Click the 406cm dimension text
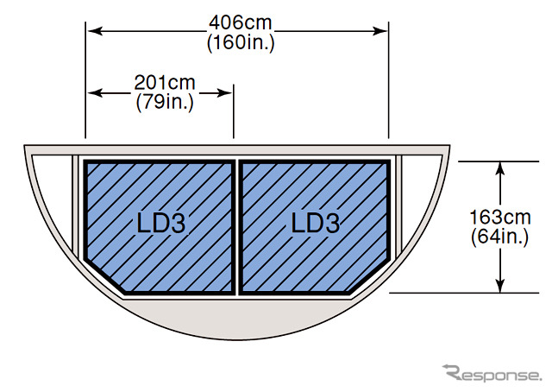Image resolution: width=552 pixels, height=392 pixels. coord(241,23)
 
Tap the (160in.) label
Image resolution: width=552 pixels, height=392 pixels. coord(241,43)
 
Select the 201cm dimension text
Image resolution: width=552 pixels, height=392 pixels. coord(165,83)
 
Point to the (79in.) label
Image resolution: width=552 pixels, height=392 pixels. coord(165,103)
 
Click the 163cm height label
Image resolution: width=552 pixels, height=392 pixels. coord(500,217)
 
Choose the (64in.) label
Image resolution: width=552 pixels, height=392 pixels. coord(500,237)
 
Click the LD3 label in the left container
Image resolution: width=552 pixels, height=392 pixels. coord(161,224)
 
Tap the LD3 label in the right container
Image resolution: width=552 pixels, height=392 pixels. coord(316,223)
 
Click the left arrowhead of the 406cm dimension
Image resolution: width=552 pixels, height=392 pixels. coord(95,31)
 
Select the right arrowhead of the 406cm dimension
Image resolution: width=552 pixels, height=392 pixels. coord(379,31)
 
